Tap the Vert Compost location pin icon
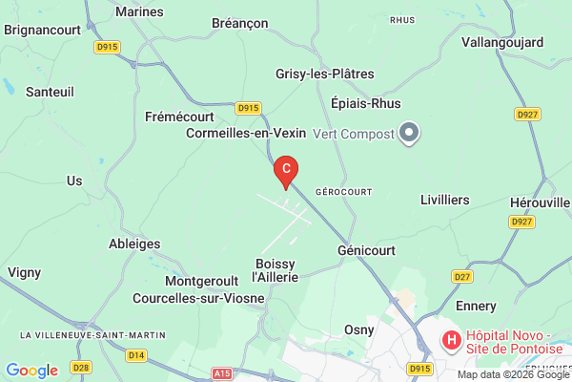[409, 134]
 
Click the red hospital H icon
[451, 339]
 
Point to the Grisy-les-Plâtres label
[324, 74]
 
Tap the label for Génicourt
[365, 247]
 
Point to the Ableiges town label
[134, 244]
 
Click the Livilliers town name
[444, 200]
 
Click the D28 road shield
[81, 368]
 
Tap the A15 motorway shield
[223, 373]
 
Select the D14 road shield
[135, 355]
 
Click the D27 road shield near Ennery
[461, 277]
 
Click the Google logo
[31, 371]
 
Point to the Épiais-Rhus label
[365, 103]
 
